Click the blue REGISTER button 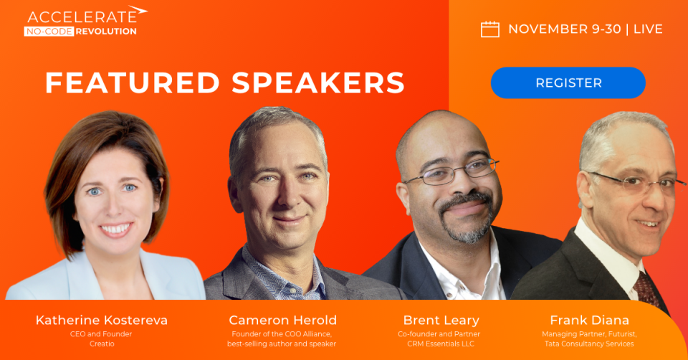pyautogui.click(x=568, y=82)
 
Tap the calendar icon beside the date pyautogui.click(x=489, y=29)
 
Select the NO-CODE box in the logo pyautogui.click(x=48, y=32)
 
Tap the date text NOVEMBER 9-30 pyautogui.click(x=564, y=29)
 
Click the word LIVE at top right pyautogui.click(x=648, y=29)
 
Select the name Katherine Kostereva pyautogui.click(x=102, y=320)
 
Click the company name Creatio pyautogui.click(x=102, y=344)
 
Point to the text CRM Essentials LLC pyautogui.click(x=439, y=344)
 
